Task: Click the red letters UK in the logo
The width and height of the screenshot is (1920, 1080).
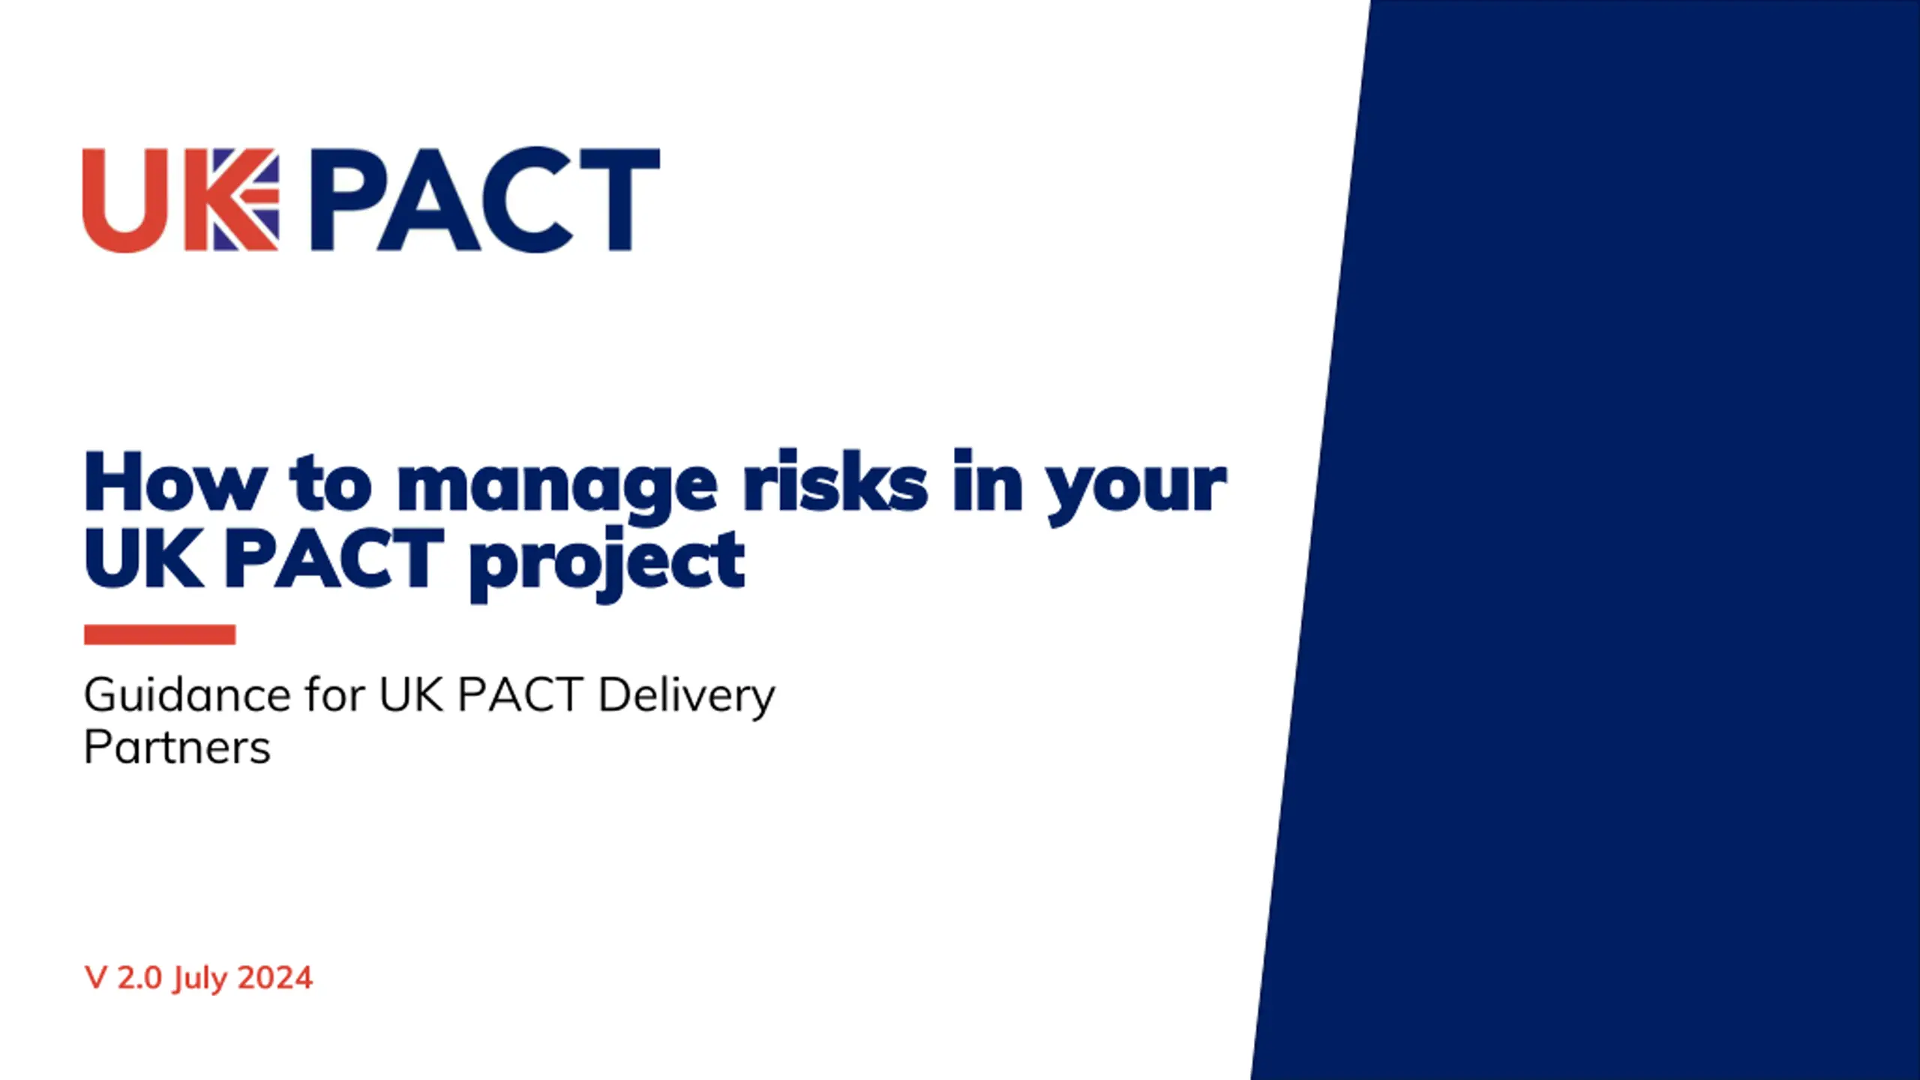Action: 180,200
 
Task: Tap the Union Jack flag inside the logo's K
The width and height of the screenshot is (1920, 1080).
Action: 246,199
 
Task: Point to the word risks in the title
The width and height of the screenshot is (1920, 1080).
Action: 835,481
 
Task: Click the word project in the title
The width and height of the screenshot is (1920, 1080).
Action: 607,564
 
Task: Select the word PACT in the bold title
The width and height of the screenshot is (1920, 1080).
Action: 334,557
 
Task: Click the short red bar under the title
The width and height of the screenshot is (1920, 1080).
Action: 160,634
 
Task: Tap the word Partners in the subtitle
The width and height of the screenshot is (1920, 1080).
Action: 177,747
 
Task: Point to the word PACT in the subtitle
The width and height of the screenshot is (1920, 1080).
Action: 520,694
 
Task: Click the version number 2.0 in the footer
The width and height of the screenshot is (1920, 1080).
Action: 139,978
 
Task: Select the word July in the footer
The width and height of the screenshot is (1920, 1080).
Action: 199,980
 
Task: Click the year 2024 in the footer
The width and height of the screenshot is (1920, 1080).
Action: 274,978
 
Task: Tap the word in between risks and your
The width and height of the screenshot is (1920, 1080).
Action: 988,481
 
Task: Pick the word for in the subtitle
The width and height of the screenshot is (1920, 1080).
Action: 335,694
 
